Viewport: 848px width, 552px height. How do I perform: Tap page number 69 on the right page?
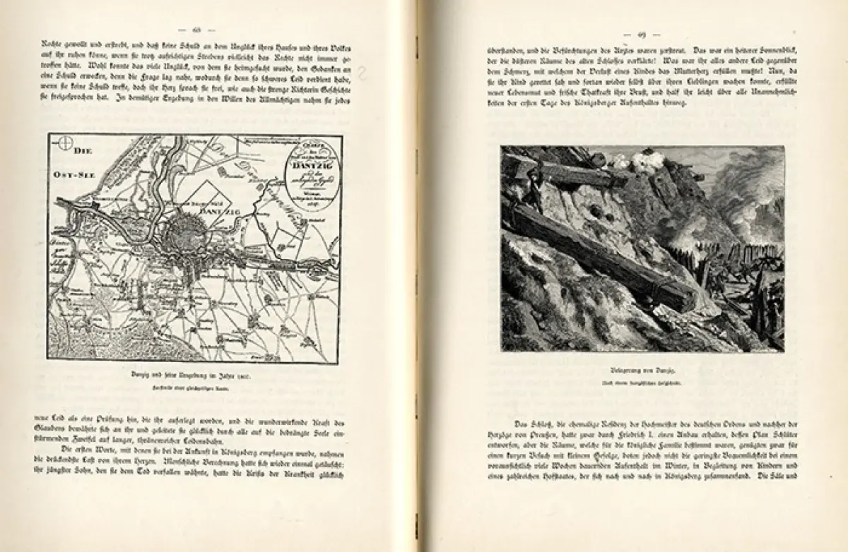point(642,35)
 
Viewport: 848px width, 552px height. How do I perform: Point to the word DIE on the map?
point(84,150)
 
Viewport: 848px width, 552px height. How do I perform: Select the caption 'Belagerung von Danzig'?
point(642,369)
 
